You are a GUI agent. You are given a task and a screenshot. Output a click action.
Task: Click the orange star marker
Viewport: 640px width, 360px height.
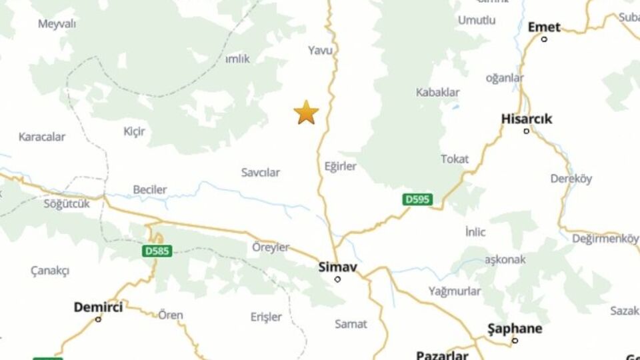pos(306,113)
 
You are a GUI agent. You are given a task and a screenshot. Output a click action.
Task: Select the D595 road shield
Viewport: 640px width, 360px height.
pos(418,199)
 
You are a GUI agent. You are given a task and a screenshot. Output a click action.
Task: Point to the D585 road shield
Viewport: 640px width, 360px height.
pos(157,251)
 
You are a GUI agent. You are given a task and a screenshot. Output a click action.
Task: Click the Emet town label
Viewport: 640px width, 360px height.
pos(544,27)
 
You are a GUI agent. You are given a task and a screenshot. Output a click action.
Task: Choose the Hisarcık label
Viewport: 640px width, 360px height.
pos(527,119)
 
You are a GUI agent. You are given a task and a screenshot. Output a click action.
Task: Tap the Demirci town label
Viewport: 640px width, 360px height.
pos(98,307)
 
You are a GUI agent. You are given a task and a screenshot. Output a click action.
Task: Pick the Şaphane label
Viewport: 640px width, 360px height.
pos(515,329)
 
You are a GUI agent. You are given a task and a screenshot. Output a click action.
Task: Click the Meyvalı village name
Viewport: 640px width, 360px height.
pos(57,24)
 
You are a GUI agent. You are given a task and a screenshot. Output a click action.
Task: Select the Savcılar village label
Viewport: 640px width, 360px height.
pos(261,173)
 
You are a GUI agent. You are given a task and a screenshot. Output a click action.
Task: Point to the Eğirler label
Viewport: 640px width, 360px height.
pos(341,166)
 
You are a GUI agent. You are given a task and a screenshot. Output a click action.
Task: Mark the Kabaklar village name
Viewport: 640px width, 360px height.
pos(437,92)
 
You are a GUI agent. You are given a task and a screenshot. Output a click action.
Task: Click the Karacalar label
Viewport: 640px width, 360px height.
pos(42,137)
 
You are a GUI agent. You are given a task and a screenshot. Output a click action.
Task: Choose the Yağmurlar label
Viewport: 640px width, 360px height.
pos(455,291)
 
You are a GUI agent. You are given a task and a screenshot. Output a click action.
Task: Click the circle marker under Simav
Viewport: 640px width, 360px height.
pos(337,279)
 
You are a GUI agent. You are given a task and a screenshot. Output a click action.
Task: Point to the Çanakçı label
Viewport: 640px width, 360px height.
pos(50,271)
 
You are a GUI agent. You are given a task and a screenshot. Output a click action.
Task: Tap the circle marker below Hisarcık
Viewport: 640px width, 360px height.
pos(526,131)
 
